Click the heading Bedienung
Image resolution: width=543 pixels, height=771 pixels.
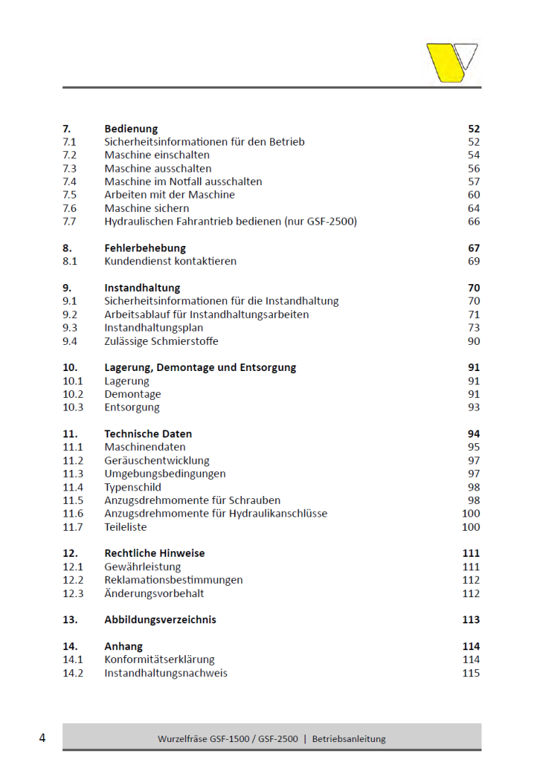click(131, 129)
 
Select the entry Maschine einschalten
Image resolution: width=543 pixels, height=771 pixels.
click(157, 155)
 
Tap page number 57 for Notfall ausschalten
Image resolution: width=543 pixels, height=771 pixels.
click(474, 182)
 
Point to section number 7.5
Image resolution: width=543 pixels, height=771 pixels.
click(69, 194)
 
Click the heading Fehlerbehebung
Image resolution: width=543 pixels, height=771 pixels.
click(145, 248)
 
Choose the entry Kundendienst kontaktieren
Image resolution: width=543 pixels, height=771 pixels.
click(170, 261)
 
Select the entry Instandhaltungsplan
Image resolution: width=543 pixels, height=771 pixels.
click(153, 327)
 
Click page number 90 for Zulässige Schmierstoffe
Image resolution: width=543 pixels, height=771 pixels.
click(474, 341)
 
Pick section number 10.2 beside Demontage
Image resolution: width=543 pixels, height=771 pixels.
click(73, 394)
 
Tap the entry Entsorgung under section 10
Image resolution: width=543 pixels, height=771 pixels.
click(132, 407)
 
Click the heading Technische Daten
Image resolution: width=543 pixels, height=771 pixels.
click(148, 434)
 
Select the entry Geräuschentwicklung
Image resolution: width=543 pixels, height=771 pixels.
click(157, 460)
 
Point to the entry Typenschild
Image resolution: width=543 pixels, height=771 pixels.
click(133, 487)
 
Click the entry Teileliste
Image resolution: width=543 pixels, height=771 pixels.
click(126, 526)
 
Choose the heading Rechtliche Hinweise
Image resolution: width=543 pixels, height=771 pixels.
click(154, 553)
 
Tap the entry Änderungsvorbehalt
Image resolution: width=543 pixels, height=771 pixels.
click(154, 593)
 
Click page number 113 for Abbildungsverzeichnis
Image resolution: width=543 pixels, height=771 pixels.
click(471, 620)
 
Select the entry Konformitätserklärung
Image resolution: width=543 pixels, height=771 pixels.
click(159, 659)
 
